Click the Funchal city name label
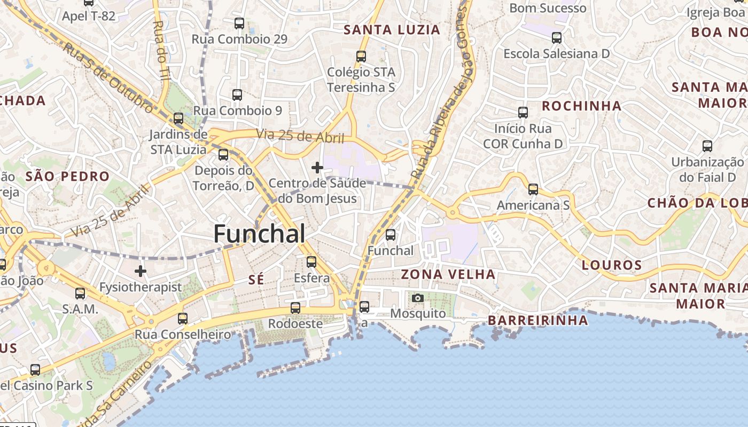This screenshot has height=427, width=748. [260, 234]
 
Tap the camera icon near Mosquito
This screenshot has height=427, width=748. [418, 298]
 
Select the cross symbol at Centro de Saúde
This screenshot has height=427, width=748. [317, 168]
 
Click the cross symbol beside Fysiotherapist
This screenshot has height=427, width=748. [141, 272]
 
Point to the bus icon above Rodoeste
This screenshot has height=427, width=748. [295, 308]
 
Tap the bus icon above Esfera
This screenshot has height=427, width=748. [311, 262]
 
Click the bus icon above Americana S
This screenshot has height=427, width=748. [533, 189]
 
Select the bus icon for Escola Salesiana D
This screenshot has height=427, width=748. [557, 38]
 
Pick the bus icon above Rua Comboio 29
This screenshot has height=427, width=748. [239, 23]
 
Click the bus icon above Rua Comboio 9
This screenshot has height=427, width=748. [237, 95]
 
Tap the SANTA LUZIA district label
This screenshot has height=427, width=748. [392, 30]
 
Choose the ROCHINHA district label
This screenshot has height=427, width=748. [582, 106]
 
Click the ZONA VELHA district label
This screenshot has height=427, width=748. [448, 275]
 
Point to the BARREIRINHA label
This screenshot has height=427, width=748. [538, 320]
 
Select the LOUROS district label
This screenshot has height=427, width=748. [612, 265]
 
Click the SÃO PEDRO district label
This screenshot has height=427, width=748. [67, 176]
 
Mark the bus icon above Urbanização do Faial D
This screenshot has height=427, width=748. [707, 146]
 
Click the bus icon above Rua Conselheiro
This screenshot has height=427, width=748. [183, 319]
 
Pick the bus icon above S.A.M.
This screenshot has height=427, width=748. [80, 293]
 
